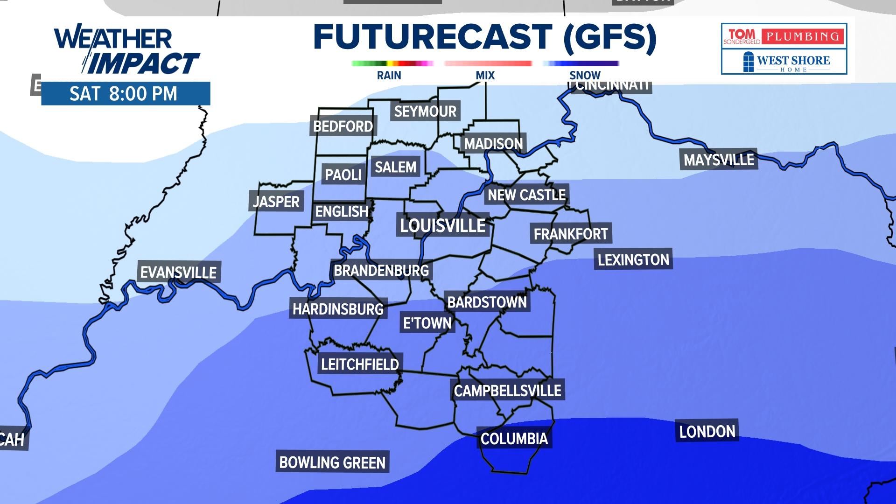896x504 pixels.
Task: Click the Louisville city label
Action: click(442, 226)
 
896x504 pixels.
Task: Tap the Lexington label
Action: click(633, 259)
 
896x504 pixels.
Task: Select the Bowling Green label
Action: click(332, 462)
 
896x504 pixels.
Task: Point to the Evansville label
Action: click(178, 273)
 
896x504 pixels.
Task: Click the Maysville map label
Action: click(719, 160)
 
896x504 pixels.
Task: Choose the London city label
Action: click(707, 432)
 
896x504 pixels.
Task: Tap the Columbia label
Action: click(514, 439)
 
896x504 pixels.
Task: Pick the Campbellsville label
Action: click(508, 391)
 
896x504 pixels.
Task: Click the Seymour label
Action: click(425, 112)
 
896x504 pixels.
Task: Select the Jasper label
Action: click(276, 202)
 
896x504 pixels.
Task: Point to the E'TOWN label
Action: click(427, 323)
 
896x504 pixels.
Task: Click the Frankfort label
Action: click(571, 234)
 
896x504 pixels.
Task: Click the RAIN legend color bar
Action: click(392, 63)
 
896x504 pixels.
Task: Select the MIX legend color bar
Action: click(488, 63)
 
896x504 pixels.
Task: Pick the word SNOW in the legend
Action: click(585, 75)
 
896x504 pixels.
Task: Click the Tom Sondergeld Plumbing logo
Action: click(784, 36)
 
